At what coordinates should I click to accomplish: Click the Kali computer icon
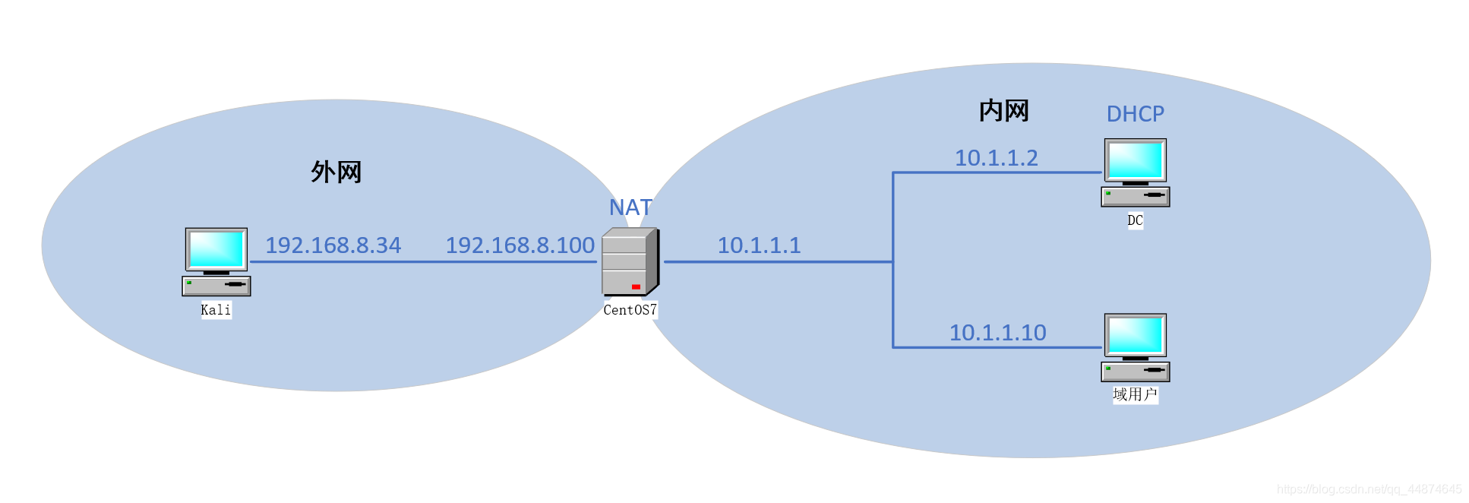[x=216, y=261]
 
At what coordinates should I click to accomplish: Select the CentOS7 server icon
[x=630, y=261]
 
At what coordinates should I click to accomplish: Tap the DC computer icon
[x=1136, y=172]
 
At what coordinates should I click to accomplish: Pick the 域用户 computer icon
[x=1136, y=347]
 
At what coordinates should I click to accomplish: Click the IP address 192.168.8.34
[x=333, y=245]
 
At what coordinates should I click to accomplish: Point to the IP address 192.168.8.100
[x=520, y=245]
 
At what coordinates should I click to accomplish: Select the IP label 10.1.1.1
[x=759, y=245]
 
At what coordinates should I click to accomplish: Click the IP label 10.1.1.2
[x=996, y=158]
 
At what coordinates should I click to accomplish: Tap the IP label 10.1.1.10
[x=997, y=333]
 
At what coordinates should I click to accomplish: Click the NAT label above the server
[x=630, y=207]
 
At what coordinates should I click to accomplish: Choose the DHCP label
[x=1135, y=114]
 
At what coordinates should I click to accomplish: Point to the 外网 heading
[x=336, y=172]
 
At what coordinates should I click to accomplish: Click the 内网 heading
[x=1003, y=111]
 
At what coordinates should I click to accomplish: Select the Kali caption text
[x=216, y=310]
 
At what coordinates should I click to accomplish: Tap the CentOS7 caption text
[x=630, y=310]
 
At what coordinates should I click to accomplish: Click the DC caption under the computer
[x=1135, y=220]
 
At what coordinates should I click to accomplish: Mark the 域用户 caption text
[x=1135, y=394]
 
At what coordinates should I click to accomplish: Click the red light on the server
[x=636, y=287]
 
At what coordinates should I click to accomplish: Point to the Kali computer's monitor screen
[x=216, y=248]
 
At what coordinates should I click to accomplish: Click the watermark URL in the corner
[x=1369, y=489]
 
